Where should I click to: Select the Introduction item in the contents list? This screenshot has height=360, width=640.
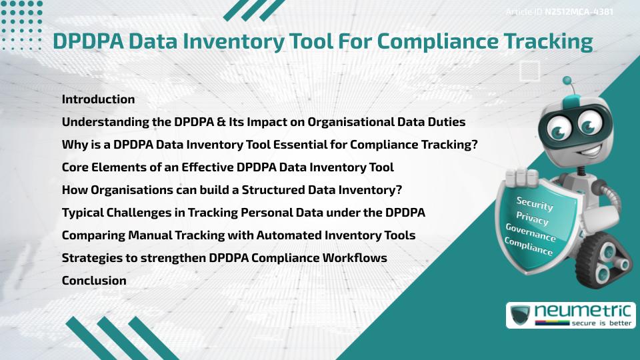point(98,99)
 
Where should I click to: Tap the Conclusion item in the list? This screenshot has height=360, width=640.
point(94,281)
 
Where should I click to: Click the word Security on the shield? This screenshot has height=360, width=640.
point(535,204)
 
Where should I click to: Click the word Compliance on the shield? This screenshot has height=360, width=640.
point(528,247)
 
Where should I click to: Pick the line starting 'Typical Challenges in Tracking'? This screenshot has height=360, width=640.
point(243,213)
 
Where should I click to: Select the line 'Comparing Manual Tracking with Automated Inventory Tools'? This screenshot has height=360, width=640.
point(239,235)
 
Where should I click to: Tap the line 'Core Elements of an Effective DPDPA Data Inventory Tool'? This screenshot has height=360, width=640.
point(227,167)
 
